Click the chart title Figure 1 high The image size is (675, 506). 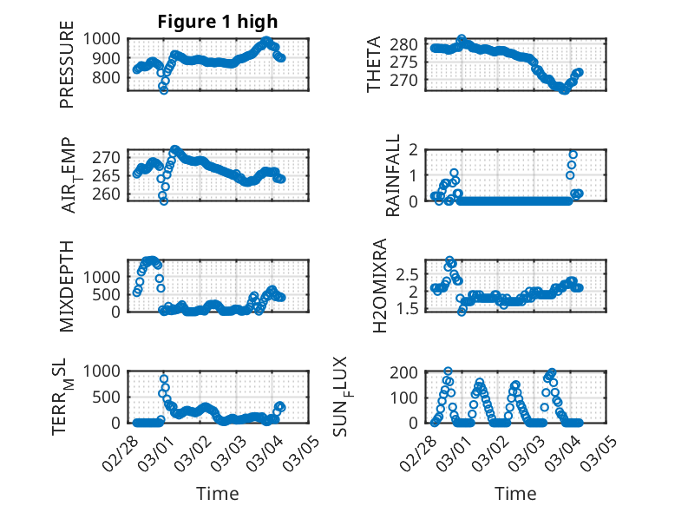coord(218,22)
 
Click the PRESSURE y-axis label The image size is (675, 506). coord(68,71)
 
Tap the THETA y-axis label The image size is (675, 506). coord(374,65)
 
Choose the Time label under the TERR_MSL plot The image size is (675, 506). coord(218,493)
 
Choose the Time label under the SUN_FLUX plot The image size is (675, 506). coord(515,493)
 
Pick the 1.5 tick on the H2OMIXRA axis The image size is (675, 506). coord(413,308)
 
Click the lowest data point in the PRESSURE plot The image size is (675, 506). coord(163,89)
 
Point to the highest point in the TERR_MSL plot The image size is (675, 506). coord(164,379)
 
